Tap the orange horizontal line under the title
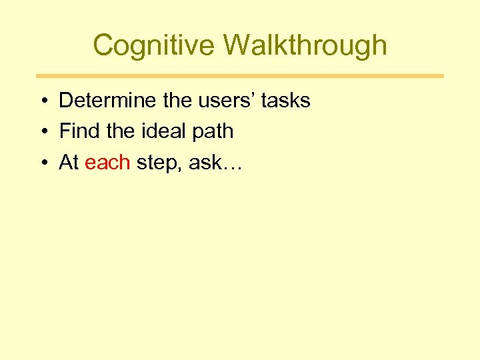(x=240, y=76)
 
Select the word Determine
(x=108, y=101)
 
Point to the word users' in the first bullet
(x=225, y=101)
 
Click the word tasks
(x=286, y=101)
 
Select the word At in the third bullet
(x=69, y=162)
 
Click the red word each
(x=107, y=162)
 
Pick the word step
(x=158, y=163)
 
